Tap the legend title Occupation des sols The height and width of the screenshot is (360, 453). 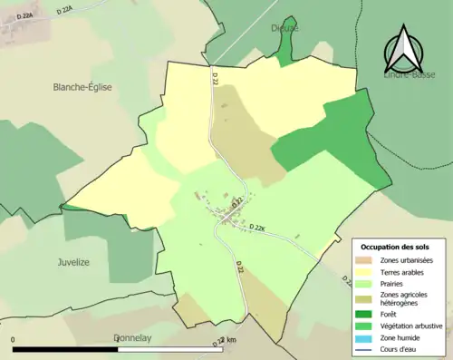pos(395,247)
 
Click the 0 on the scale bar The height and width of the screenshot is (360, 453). pos(14,340)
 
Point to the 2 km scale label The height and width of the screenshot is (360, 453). pos(226,340)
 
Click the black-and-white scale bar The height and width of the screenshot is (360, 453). pos(119,348)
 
